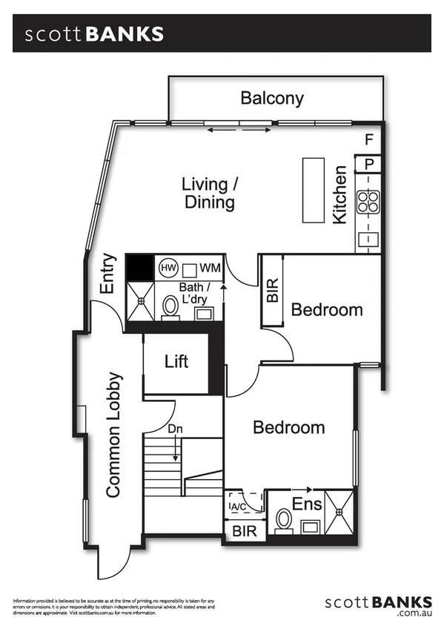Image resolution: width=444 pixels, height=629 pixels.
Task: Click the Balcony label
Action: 272,98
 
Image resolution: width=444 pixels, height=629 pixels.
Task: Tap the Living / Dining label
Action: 210,192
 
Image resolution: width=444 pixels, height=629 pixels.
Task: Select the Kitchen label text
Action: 339,195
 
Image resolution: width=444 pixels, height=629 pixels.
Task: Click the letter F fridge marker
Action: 369,139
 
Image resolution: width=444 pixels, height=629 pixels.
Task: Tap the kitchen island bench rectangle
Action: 313,189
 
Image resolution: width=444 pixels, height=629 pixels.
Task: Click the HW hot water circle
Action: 167,267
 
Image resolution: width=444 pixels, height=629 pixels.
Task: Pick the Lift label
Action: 176,361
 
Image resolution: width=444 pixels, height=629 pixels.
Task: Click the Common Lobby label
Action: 113,434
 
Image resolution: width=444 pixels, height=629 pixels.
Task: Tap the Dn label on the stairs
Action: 174,429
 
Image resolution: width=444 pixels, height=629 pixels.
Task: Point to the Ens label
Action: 307,505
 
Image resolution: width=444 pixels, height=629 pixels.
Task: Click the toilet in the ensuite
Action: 282,520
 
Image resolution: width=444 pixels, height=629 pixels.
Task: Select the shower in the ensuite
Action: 340,511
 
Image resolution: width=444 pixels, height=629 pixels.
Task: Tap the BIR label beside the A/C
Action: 244,532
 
